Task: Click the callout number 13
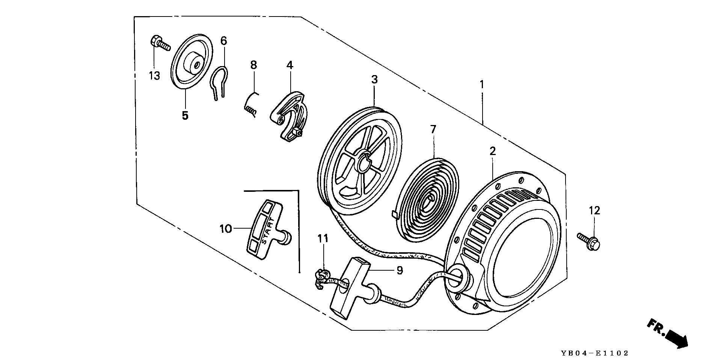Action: [x=154, y=76]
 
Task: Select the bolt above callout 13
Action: [x=160, y=43]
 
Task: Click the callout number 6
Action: [x=223, y=41]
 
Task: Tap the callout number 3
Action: [x=374, y=80]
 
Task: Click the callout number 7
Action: [x=433, y=130]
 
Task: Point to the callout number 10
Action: [x=226, y=229]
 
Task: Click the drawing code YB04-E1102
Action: [x=594, y=353]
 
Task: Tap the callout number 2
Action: [x=492, y=151]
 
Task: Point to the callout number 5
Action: [x=185, y=116]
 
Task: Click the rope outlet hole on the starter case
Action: [x=457, y=278]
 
